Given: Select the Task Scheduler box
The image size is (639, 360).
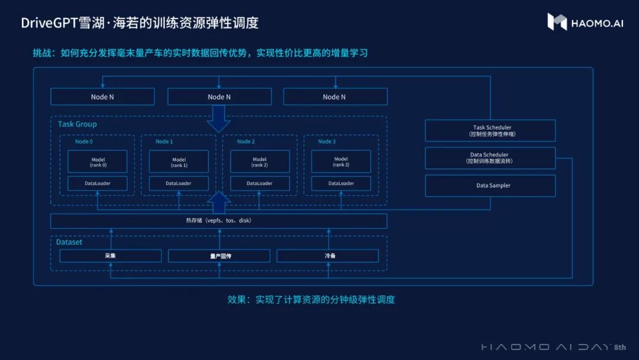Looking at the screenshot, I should (490, 130).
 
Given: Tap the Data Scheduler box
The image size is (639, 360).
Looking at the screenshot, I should (490, 158).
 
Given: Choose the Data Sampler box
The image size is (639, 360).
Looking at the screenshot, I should (490, 185).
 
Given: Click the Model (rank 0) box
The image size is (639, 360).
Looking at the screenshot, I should (98, 161).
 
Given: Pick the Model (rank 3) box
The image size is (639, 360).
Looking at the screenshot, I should (341, 161).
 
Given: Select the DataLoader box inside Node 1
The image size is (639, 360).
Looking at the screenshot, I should (179, 184).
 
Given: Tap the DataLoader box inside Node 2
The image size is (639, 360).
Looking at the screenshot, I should (260, 184).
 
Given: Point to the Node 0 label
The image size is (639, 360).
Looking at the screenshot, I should (83, 142).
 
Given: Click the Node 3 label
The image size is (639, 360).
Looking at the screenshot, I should (327, 142).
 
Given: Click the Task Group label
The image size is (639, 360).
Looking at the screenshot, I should (77, 124).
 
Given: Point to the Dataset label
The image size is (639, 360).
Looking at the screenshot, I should (69, 242).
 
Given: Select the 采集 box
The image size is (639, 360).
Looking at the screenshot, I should (110, 256).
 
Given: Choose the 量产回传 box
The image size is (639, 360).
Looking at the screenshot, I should (219, 256).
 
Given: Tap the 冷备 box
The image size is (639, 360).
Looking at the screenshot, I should (328, 256).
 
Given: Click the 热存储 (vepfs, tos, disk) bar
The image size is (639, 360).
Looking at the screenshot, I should (219, 221).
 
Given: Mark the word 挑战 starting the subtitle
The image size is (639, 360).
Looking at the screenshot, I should (41, 53).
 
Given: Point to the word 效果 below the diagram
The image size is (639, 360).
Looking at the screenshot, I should (237, 300).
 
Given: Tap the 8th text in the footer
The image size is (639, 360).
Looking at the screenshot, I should (619, 347).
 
